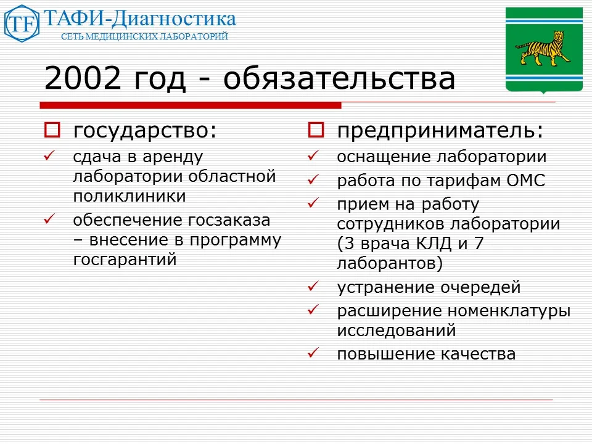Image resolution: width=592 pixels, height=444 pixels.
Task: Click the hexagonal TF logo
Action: tap(22, 23)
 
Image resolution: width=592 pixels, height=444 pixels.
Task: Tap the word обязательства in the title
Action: tap(339, 79)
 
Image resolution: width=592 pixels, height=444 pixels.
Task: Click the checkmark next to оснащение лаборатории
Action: tap(313, 157)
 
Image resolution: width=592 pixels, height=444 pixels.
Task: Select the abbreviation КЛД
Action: tap(429, 244)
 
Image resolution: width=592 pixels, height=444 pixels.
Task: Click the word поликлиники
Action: tap(129, 197)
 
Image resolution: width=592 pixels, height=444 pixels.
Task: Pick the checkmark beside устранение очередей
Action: tap(313, 287)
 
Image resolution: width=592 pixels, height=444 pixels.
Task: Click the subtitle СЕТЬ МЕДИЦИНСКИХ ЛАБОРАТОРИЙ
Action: tap(144, 37)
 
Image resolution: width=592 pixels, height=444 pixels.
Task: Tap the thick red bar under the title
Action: tap(191, 105)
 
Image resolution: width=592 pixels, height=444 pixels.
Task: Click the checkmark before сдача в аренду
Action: tap(50, 157)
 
